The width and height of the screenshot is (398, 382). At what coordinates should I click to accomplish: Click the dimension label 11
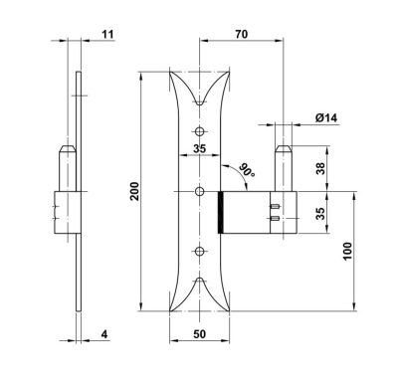coord(107,34)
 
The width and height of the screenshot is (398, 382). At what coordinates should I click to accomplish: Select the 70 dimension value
coord(241,34)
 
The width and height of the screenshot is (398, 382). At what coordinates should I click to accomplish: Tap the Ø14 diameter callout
coord(326,117)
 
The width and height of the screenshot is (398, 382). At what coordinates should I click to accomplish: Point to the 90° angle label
coord(248,169)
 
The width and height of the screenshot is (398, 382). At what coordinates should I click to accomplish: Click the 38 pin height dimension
coord(320,168)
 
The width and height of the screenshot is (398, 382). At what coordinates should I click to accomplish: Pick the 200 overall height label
coord(134,191)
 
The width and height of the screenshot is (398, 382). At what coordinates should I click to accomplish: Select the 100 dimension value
coord(347,251)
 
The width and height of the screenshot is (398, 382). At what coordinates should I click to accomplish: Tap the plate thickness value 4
coord(104,334)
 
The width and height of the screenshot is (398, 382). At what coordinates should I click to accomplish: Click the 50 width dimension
coord(199,334)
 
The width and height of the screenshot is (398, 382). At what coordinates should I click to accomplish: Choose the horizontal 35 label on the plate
coord(199,148)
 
